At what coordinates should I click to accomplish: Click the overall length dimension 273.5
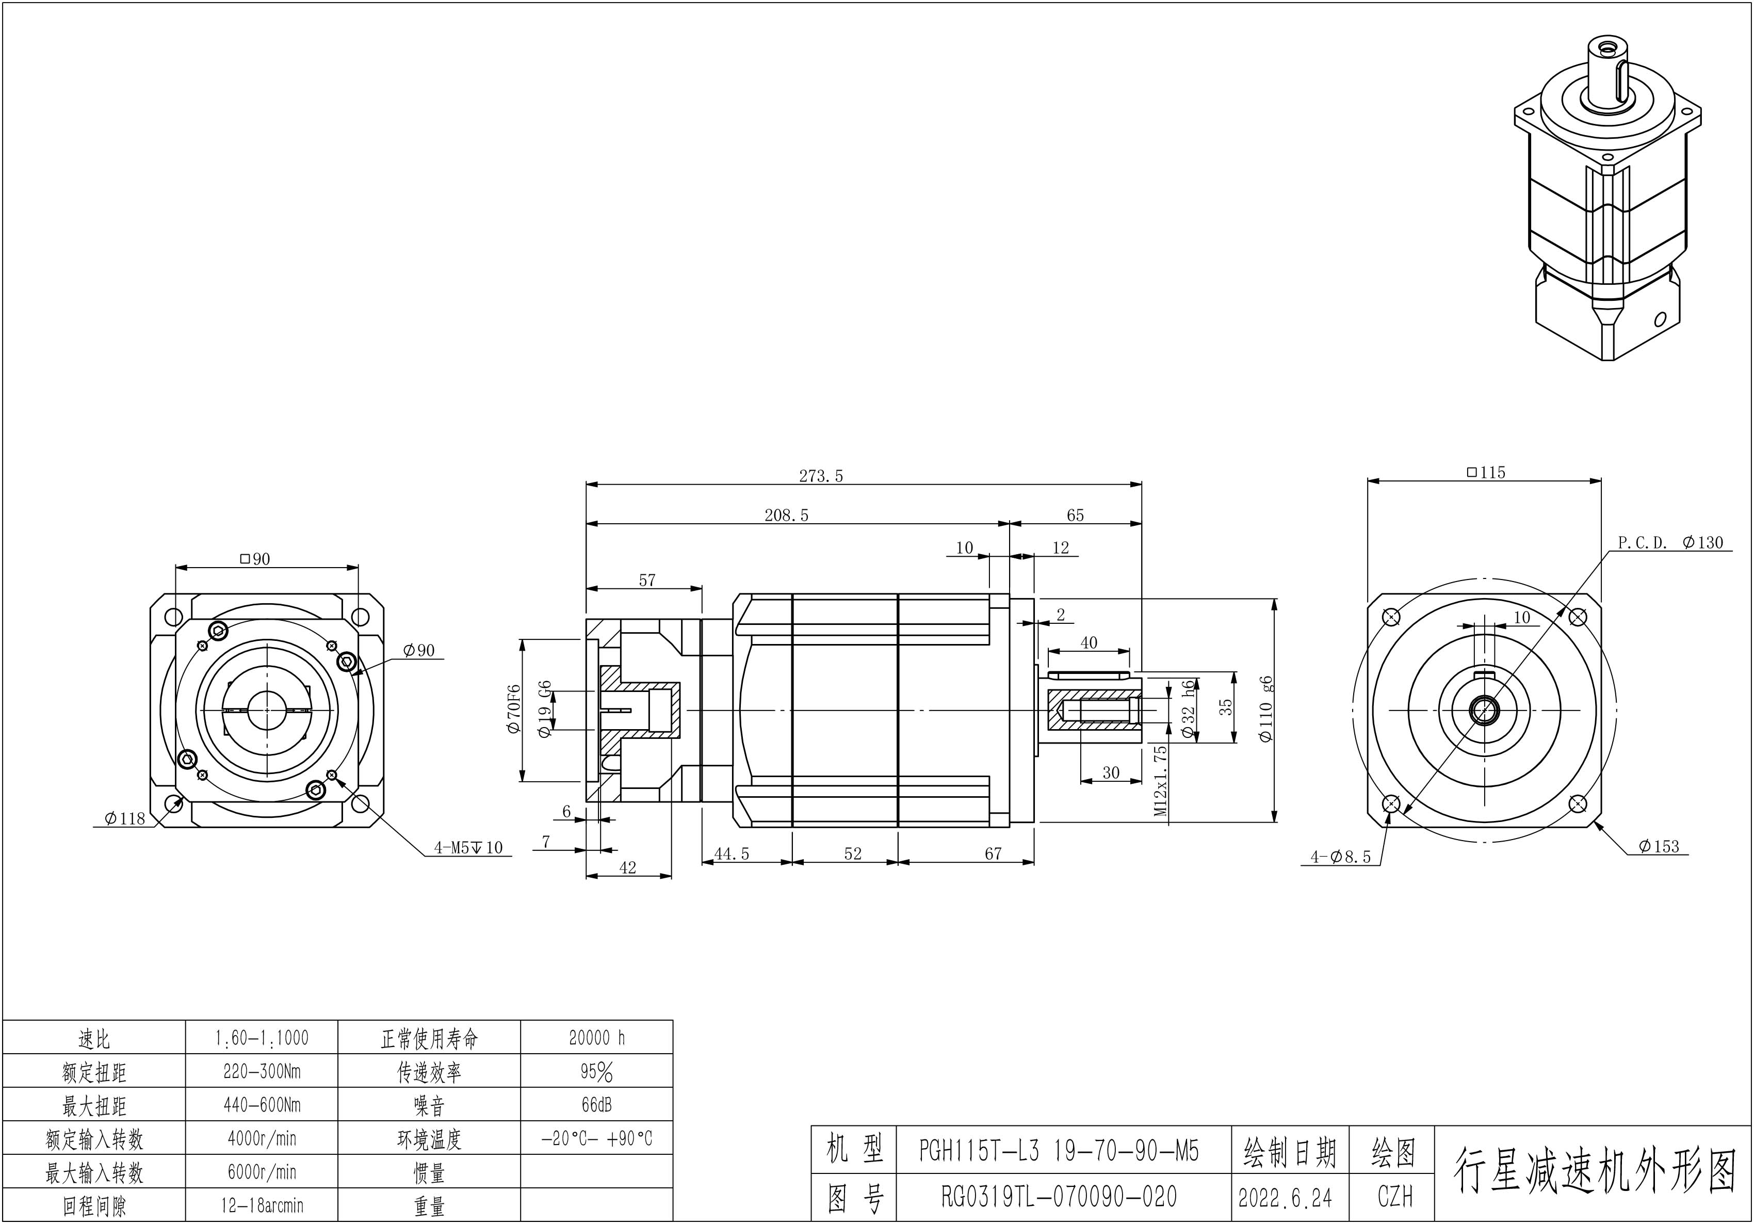821,476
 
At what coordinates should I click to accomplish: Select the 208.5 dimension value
786,515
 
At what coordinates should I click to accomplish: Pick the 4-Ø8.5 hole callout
1341,857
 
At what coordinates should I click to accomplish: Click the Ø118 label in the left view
124,819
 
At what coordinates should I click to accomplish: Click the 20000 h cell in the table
597,1038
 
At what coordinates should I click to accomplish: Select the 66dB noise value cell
597,1105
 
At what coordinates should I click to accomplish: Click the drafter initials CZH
1395,1197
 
